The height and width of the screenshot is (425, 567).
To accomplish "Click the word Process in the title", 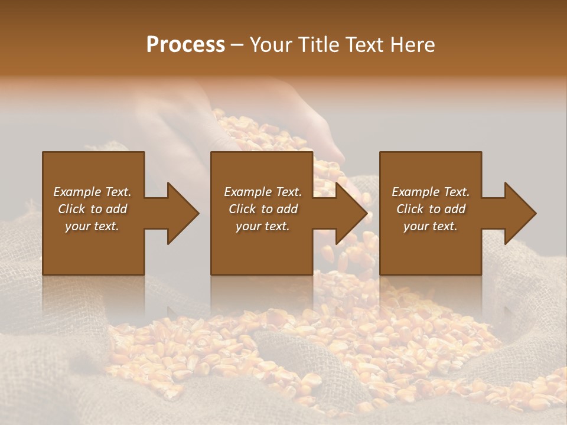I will click(x=185, y=45).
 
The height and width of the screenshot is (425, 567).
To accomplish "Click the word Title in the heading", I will click(x=317, y=45).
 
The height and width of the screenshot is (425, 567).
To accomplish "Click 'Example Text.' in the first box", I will click(x=92, y=192).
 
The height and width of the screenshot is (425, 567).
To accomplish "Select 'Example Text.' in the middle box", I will click(x=262, y=192).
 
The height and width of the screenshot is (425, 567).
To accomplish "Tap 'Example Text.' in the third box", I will click(x=431, y=192).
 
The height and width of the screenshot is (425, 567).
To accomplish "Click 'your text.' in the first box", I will click(x=92, y=226).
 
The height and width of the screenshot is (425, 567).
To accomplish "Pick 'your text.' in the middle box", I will click(x=262, y=226).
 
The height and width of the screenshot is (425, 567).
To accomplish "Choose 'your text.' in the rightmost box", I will click(x=431, y=226).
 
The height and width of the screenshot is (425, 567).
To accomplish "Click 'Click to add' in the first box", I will click(x=92, y=209).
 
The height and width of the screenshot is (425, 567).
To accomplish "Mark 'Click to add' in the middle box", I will click(x=262, y=209).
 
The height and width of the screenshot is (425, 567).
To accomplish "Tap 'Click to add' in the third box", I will click(x=431, y=209).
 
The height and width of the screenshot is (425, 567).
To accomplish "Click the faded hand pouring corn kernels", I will click(x=177, y=118).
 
